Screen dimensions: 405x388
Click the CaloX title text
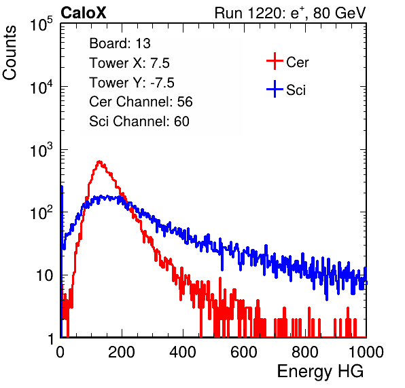click(x=83, y=12)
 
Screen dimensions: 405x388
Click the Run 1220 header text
click(x=290, y=13)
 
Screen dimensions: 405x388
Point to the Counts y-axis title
click(x=10, y=52)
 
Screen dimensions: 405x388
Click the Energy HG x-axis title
click(x=320, y=372)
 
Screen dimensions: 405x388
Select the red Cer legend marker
click(x=275, y=61)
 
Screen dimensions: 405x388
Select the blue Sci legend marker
click(x=275, y=90)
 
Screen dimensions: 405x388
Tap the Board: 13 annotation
click(x=120, y=43)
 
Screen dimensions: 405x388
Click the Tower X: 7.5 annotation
click(x=129, y=63)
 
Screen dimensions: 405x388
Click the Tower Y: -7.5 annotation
click(x=132, y=83)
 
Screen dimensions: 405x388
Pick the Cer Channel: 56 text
click(x=141, y=102)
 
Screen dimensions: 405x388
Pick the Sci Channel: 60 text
click(x=139, y=121)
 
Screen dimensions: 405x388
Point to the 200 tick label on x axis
click(x=122, y=353)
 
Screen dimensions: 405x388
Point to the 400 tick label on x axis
click(x=183, y=353)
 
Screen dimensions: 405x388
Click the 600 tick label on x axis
click(x=244, y=353)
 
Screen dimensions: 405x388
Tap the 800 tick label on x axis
click(x=305, y=353)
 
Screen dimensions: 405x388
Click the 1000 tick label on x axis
click(x=366, y=353)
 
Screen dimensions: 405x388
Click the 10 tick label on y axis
click(x=44, y=275)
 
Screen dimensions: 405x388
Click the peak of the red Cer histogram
click(x=99, y=162)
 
